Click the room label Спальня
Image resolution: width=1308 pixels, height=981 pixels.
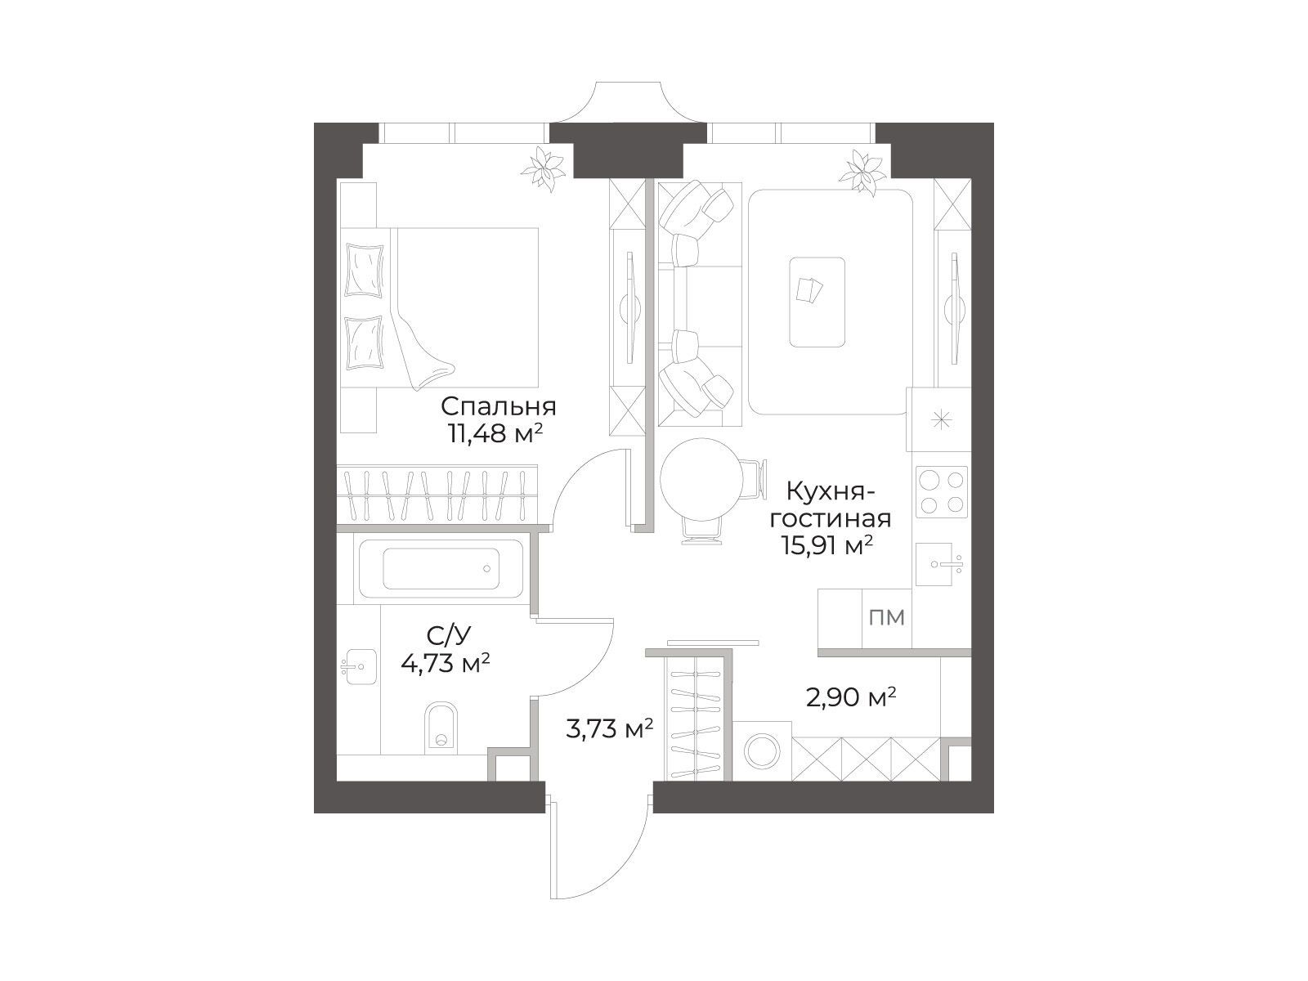pos(498,408)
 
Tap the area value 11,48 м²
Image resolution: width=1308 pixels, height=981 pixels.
pos(495,435)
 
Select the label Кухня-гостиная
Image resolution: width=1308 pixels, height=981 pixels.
pos(831,506)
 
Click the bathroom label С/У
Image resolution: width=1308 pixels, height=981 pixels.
pos(449,636)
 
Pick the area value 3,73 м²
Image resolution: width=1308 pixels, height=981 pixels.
pos(609,728)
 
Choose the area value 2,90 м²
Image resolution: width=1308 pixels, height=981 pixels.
pos(851,697)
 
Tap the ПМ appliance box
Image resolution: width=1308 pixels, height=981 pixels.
pos(887,618)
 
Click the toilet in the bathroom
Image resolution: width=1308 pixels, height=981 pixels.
pos(441,727)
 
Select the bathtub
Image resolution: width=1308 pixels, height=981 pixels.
pos(441,569)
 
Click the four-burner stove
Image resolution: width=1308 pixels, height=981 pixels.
pos(942,492)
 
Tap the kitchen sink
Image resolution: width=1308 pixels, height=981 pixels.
pos(942,564)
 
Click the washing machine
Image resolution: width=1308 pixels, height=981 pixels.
pos(762,751)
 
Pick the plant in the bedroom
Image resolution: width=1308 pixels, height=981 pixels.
pos(543,168)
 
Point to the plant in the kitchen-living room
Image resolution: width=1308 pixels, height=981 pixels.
pos(862,172)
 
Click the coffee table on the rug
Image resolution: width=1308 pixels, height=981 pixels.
pos(817,302)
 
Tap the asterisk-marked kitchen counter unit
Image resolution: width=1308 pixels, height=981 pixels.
pos(939,419)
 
